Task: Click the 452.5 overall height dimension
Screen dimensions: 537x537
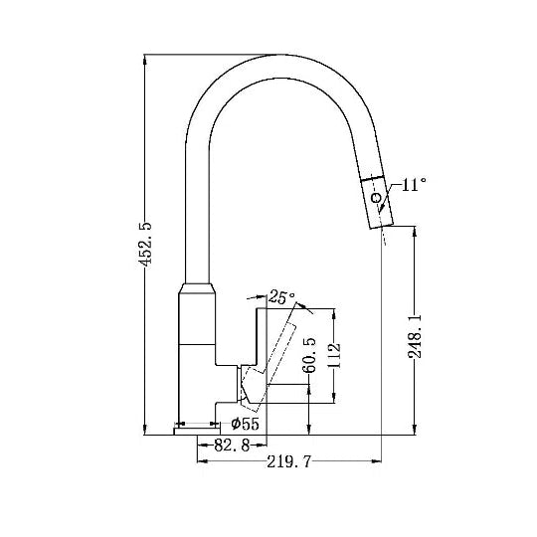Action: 145,244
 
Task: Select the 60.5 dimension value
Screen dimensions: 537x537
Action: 310,355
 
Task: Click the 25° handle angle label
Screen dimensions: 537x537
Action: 282,296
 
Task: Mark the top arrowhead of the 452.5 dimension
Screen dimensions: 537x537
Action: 145,58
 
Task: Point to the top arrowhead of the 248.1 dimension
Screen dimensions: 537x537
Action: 416,230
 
